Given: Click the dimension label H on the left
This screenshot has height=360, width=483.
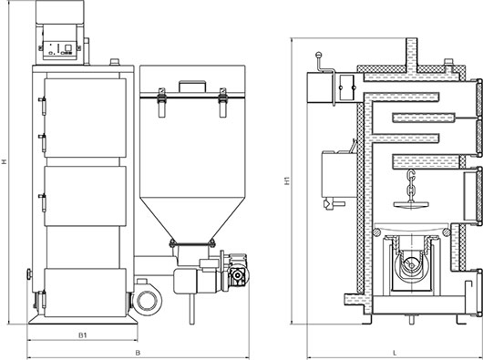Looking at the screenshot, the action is pyautogui.click(x=4, y=161).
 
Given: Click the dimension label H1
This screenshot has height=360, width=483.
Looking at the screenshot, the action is pyautogui.click(x=287, y=180).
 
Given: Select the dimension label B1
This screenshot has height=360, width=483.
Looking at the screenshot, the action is pyautogui.click(x=83, y=335).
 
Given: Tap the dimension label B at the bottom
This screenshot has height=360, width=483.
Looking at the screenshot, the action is pyautogui.click(x=138, y=353).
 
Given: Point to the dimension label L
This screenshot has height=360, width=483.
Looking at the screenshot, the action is pyautogui.click(x=396, y=353).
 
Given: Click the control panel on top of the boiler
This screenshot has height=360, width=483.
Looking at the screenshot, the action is pyautogui.click(x=59, y=46).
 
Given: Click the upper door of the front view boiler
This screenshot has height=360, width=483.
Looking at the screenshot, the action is pyautogui.click(x=85, y=118).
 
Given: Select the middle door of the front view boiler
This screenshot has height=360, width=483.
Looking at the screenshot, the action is pyautogui.click(x=85, y=196).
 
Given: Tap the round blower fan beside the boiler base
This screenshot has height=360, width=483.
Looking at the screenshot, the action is pyautogui.click(x=147, y=300).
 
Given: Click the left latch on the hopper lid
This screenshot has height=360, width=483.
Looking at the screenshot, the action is pyautogui.click(x=161, y=102).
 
